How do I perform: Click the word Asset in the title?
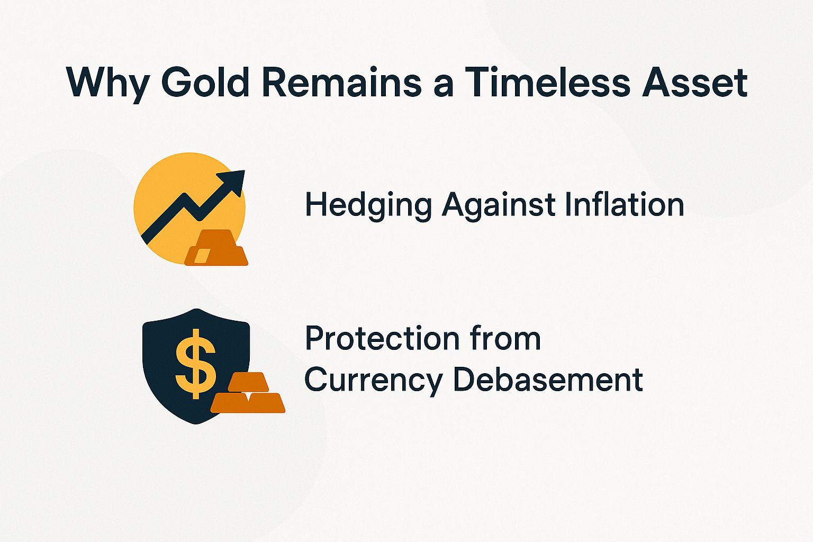[694, 82]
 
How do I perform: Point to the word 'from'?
[509, 339]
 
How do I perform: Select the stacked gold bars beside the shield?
[248, 393]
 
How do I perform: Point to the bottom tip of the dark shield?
[197, 423]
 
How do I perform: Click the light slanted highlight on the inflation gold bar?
[201, 256]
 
